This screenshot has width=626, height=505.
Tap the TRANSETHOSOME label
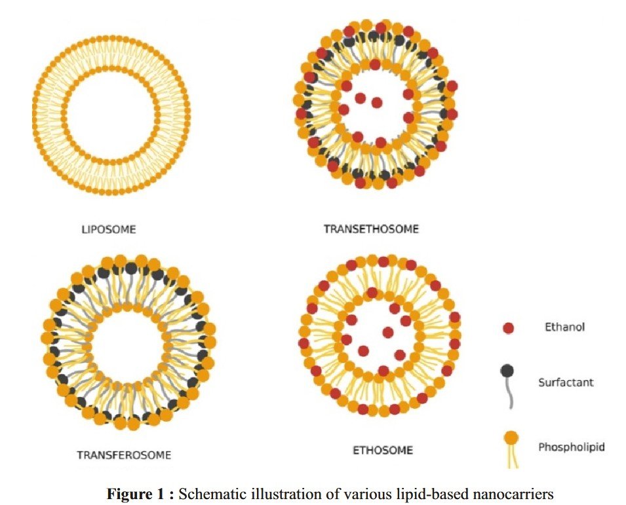pyautogui.click(x=370, y=229)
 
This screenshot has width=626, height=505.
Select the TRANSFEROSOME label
pyautogui.click(x=124, y=455)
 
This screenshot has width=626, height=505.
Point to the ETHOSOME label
pyautogui.click(x=383, y=451)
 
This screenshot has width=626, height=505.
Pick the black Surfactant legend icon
pyautogui.click(x=507, y=371)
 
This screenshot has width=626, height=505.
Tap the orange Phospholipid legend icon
pyautogui.click(x=509, y=438)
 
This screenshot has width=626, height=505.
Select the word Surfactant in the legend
pyautogui.click(x=566, y=382)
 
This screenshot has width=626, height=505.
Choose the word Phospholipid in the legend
pyautogui.click(x=572, y=447)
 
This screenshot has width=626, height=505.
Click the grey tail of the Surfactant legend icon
pyautogui.click(x=509, y=393)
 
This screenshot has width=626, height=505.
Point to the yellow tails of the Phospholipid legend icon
pyautogui.click(x=510, y=458)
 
